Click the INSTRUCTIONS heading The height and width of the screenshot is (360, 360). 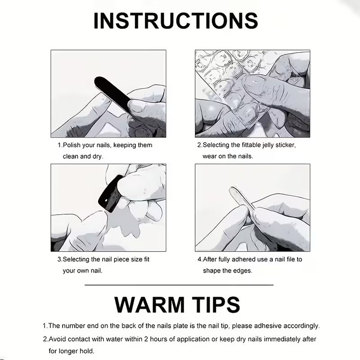(x=175, y=21)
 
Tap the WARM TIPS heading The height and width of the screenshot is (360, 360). (x=177, y=305)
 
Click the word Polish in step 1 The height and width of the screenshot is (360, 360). (x=72, y=145)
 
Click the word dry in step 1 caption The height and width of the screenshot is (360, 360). (x=98, y=157)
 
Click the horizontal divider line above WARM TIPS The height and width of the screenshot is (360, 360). (x=179, y=285)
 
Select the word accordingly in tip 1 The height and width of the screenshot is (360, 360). (x=301, y=326)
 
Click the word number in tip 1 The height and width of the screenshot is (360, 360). (x=73, y=326)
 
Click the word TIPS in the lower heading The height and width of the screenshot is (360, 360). (x=216, y=305)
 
